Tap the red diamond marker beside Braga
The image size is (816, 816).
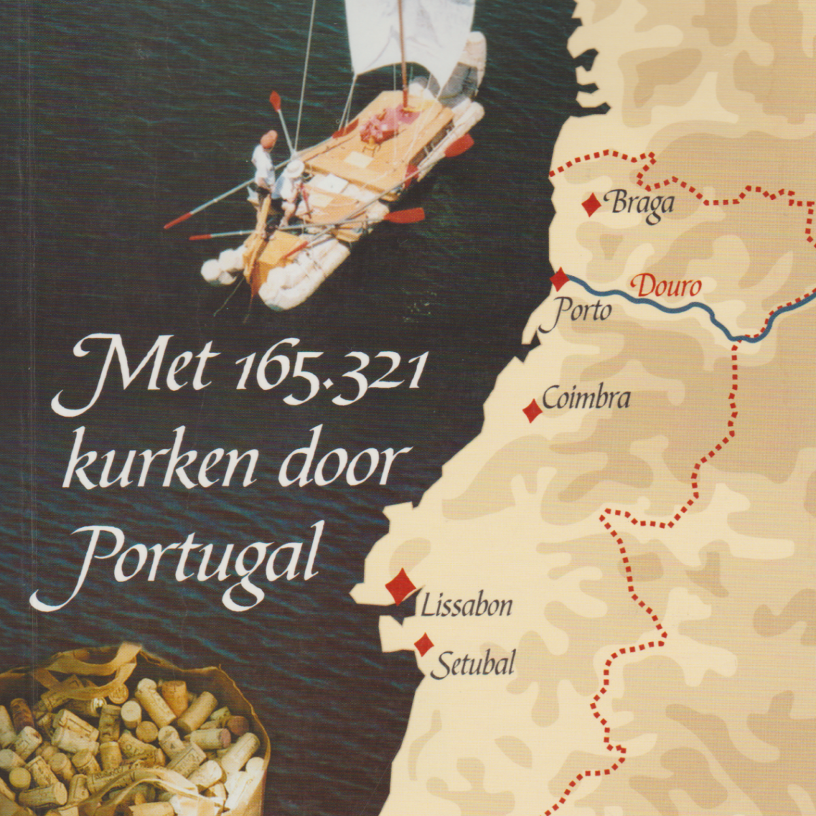tap(592, 204)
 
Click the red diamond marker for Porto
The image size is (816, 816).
tap(559, 279)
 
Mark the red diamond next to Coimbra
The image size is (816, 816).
tap(532, 411)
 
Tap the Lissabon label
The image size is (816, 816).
tap(466, 605)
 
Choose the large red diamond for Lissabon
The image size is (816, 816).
tap(401, 586)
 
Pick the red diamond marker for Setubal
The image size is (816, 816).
tap(424, 644)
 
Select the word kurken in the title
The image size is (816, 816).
tap(167, 465)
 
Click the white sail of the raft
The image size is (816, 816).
tap(408, 37)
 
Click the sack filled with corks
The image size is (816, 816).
tap(129, 741)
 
